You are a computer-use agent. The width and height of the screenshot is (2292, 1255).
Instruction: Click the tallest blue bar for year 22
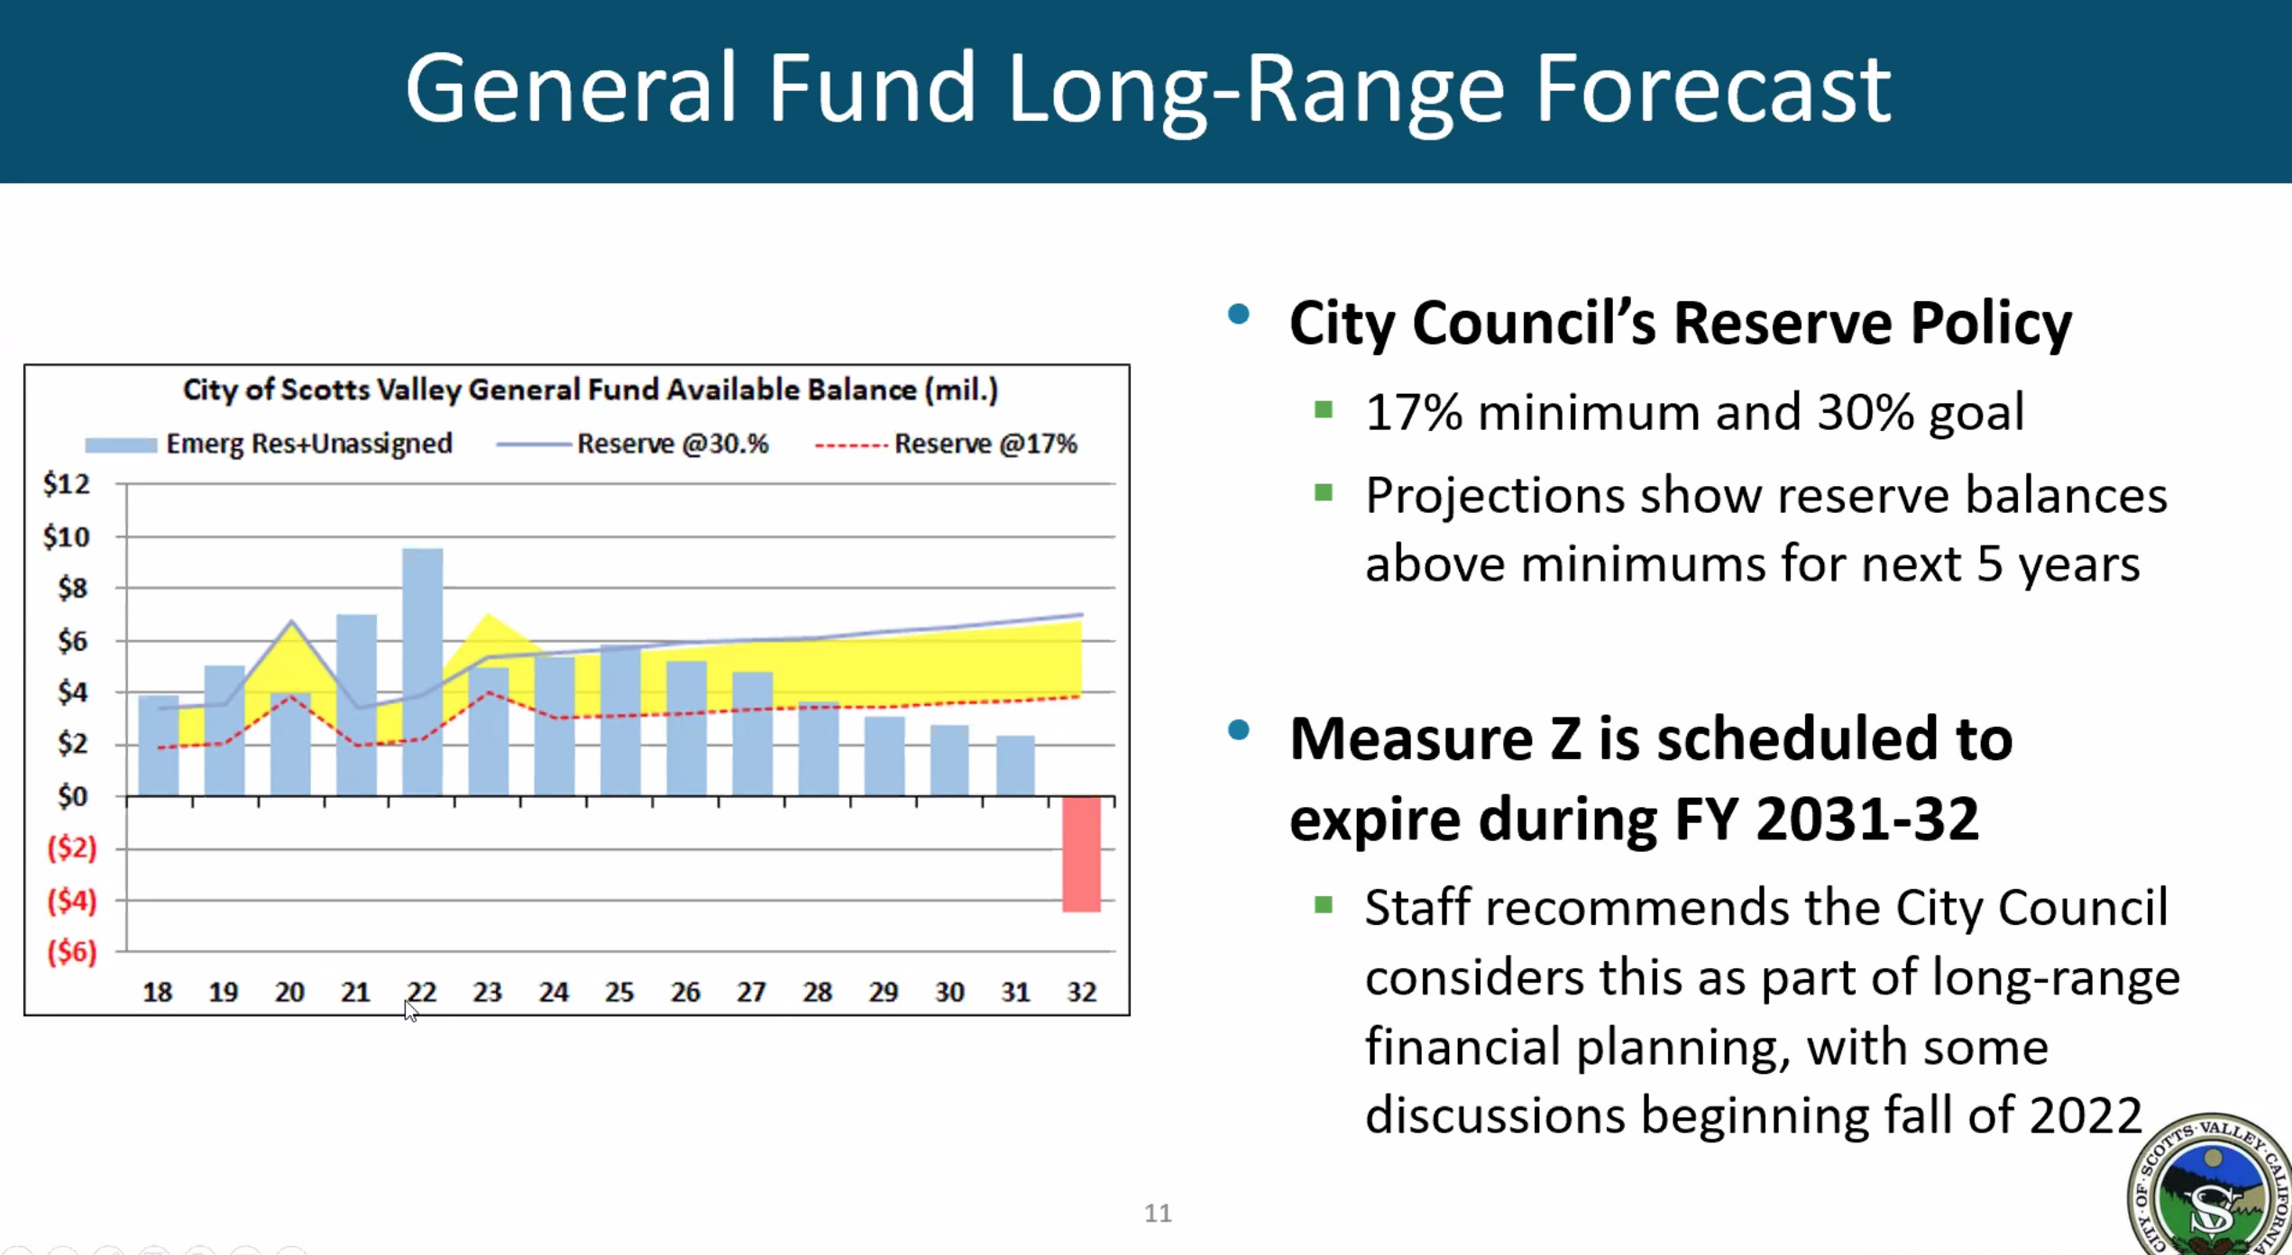click(x=422, y=672)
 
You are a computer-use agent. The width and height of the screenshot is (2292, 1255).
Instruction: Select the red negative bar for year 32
click(x=1081, y=854)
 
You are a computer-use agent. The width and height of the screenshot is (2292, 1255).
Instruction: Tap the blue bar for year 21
click(x=356, y=705)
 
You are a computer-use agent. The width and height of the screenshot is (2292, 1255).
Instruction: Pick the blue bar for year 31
click(x=1015, y=765)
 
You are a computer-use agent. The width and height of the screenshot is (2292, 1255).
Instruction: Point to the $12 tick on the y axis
click(x=67, y=484)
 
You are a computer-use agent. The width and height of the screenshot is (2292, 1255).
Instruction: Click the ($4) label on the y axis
click(x=72, y=901)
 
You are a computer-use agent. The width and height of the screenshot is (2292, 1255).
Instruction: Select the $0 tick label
click(x=72, y=796)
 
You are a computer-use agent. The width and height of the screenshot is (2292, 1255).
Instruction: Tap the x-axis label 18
click(x=158, y=992)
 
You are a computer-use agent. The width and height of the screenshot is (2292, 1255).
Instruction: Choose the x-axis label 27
click(x=751, y=992)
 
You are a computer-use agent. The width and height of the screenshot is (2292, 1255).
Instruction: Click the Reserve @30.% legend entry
click(x=632, y=444)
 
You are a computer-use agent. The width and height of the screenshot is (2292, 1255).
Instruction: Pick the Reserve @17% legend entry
click(x=946, y=444)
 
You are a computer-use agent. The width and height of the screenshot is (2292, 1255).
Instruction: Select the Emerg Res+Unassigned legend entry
click(x=269, y=444)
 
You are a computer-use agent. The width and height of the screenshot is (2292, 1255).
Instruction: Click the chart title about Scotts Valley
click(x=591, y=389)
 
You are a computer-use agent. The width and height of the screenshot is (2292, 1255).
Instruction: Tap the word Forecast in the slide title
click(x=1712, y=88)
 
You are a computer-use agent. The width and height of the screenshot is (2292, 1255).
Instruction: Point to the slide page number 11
click(x=1158, y=1213)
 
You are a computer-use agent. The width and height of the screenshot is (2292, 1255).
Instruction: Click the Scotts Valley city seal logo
click(x=2211, y=1186)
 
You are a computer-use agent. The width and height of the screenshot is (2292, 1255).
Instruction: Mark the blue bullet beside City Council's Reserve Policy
click(x=1239, y=314)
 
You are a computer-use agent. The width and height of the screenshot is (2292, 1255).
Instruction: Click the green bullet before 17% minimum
click(x=1324, y=410)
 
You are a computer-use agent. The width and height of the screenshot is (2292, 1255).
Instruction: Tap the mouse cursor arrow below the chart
click(x=410, y=1011)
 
